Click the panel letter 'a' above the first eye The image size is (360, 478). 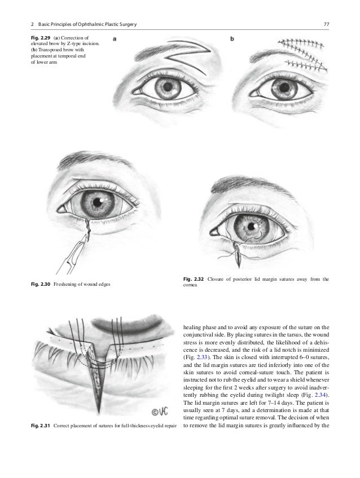click(116, 39)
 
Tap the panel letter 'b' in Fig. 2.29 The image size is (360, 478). click(233, 39)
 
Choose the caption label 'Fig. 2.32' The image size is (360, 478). click(194, 279)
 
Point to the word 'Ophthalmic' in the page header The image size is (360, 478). click(85, 24)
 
